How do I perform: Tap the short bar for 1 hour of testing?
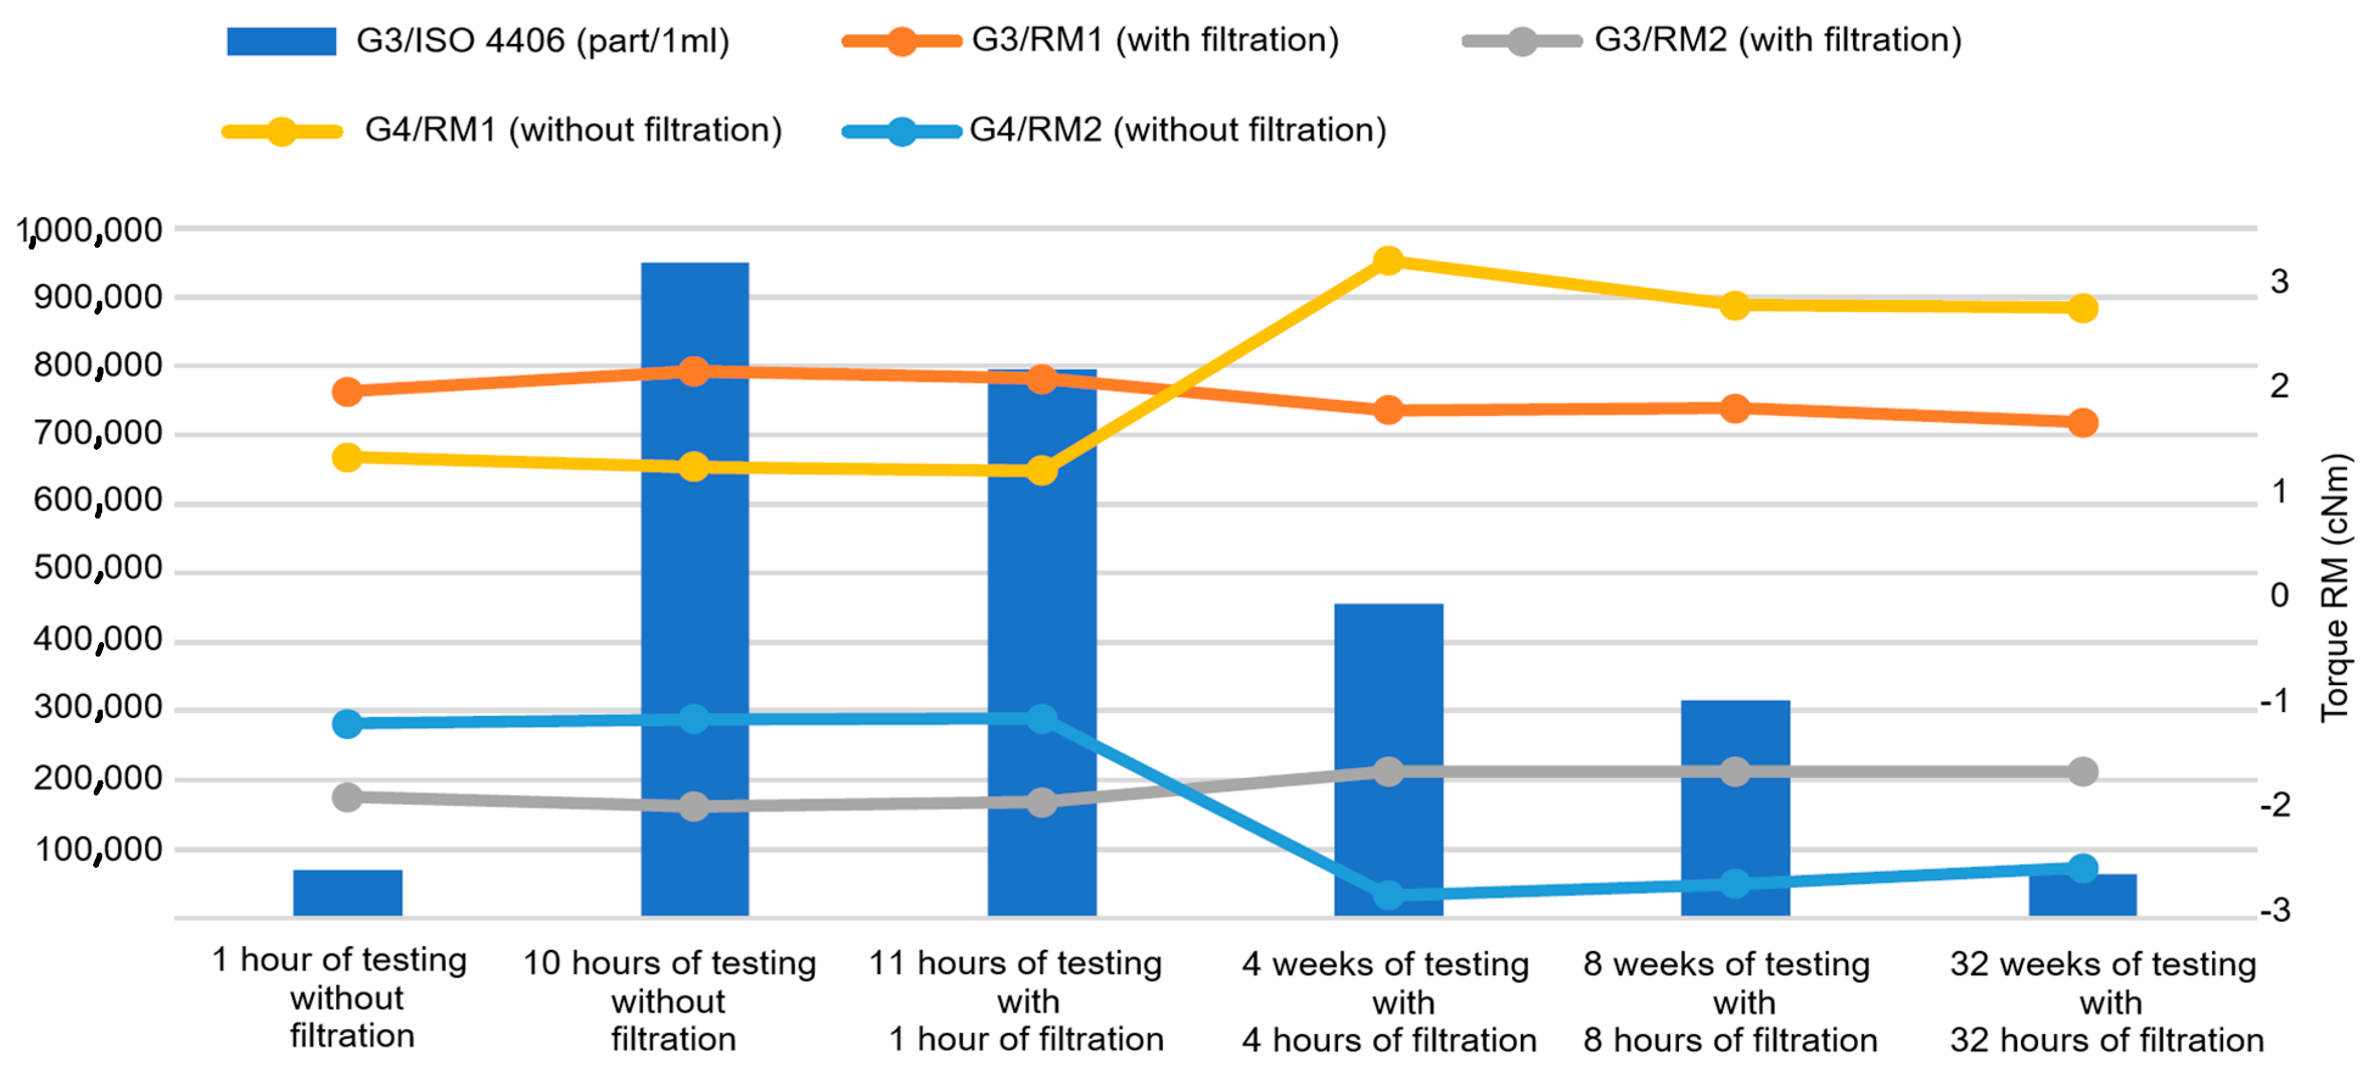coord(347,892)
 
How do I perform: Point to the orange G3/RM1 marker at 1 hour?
coord(347,392)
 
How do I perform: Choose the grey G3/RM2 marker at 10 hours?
coord(694,806)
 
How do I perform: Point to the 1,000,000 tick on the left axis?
coord(89,230)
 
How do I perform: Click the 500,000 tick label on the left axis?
coord(97,568)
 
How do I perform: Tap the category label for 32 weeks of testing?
coord(2105,1002)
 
